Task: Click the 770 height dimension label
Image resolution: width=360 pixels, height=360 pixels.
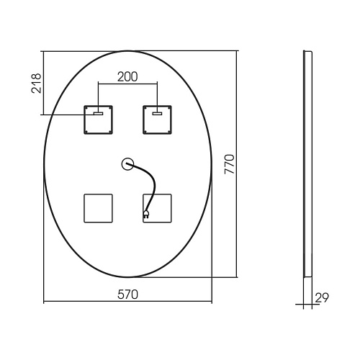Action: (x=229, y=164)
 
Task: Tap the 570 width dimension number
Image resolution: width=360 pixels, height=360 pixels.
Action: (x=127, y=294)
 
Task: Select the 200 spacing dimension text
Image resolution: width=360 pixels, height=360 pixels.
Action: (x=127, y=77)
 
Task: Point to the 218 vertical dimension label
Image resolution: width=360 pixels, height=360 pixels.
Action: (x=36, y=84)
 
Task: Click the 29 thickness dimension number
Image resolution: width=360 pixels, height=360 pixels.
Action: (x=322, y=298)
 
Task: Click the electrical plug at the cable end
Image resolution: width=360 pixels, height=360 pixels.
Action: (x=146, y=214)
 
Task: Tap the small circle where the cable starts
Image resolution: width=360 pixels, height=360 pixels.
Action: (x=127, y=164)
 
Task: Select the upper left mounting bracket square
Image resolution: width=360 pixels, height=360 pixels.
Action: (x=98, y=120)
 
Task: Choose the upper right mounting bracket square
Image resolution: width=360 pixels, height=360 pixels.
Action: (x=157, y=120)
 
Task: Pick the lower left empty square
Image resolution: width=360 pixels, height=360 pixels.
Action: (x=98, y=208)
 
